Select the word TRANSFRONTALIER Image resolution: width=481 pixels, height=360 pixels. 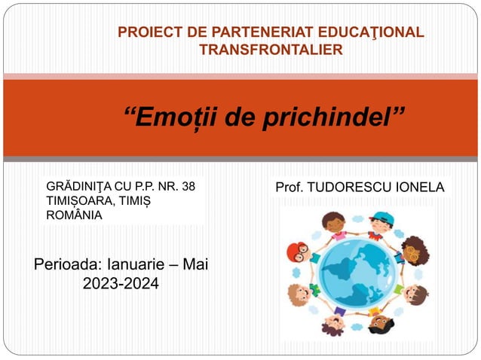[x=271, y=50]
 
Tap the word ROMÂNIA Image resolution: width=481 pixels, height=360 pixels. [x=74, y=215]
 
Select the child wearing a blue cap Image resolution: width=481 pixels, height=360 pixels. [x=382, y=222]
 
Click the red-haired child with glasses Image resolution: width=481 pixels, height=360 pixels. [x=299, y=251]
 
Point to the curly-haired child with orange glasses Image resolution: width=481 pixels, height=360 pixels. [x=414, y=249]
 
